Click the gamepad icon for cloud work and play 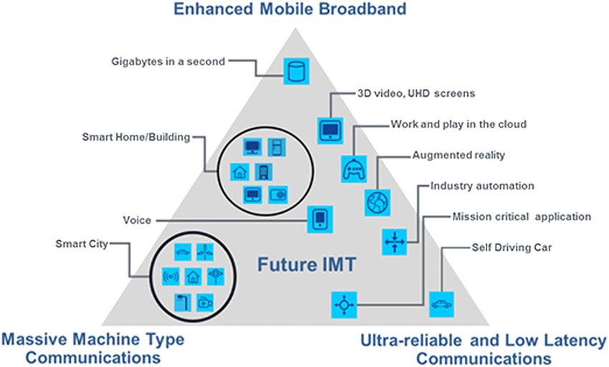(353, 170)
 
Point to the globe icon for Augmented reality (376, 203)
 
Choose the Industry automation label (482, 186)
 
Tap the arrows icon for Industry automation (395, 241)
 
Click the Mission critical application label (522, 216)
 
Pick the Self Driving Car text (506, 248)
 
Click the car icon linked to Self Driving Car (440, 305)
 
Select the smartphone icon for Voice (321, 219)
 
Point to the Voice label (138, 220)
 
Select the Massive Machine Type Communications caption (92, 347)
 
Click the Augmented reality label (459, 155)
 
